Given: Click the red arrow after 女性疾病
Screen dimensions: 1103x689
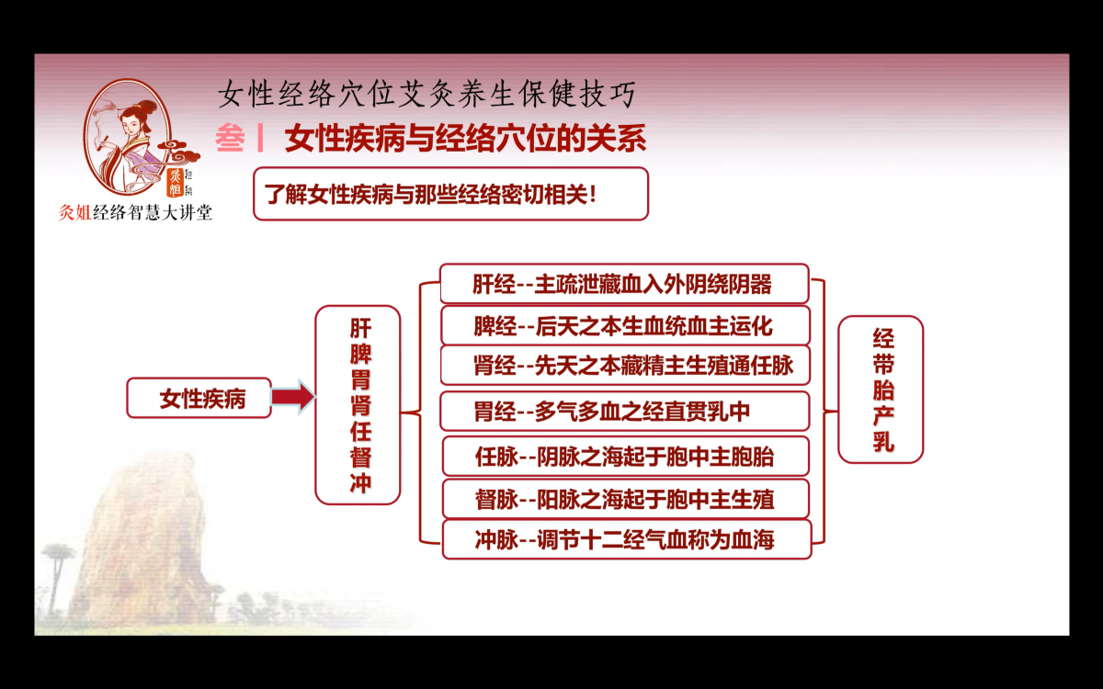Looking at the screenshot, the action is (x=293, y=397).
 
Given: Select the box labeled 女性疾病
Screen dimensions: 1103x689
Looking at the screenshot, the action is (x=199, y=398).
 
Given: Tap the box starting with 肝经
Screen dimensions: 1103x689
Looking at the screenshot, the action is (x=624, y=284).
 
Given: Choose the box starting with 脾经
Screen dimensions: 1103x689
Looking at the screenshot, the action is (x=625, y=325).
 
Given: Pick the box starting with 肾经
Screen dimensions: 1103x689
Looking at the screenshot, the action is (x=625, y=366).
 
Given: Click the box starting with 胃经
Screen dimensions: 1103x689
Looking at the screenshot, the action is (x=624, y=411).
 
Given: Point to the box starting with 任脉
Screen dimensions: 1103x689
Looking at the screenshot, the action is (x=625, y=457).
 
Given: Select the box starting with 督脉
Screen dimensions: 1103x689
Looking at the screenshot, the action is (x=625, y=499).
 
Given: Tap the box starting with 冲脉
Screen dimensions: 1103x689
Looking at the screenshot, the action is (x=626, y=540).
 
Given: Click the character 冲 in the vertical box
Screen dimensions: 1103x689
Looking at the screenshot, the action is (x=360, y=483).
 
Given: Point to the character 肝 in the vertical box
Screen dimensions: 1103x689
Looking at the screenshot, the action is (x=360, y=328).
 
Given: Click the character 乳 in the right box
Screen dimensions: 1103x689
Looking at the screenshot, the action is (x=883, y=441).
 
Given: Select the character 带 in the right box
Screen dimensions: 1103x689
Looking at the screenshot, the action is (x=883, y=364).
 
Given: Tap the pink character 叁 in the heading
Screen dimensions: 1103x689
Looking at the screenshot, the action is (x=230, y=138).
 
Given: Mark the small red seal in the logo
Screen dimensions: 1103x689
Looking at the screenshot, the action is (x=175, y=182).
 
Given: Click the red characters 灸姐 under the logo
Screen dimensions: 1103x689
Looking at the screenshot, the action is (x=74, y=212).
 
